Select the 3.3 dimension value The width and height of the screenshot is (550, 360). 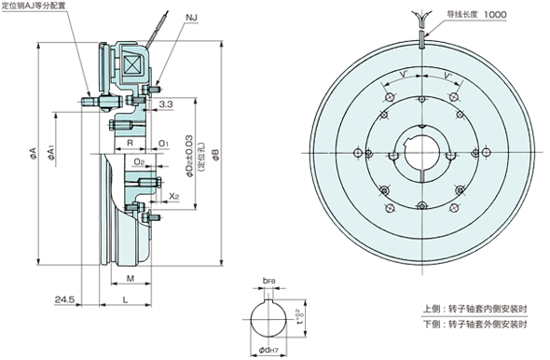click(x=164, y=105)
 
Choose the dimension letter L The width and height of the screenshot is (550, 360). click(x=124, y=301)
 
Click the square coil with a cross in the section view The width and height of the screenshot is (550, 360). click(x=131, y=63)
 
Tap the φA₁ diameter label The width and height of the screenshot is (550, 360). click(x=52, y=149)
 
